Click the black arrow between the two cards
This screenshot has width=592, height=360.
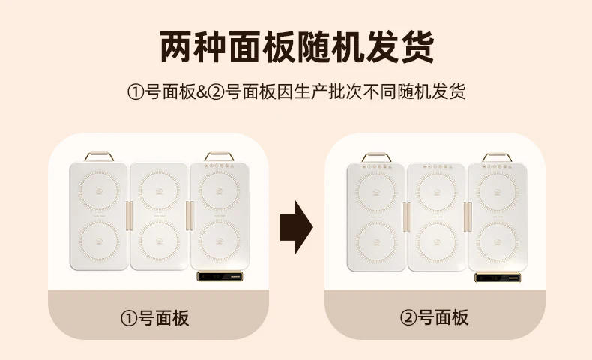pyautogui.click(x=295, y=227)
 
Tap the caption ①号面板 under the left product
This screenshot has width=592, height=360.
pyautogui.click(x=155, y=317)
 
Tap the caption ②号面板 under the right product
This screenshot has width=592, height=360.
pyautogui.click(x=434, y=317)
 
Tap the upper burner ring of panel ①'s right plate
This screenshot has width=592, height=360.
pyautogui.click(x=218, y=192)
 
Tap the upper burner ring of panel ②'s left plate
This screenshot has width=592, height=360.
pyautogui.click(x=375, y=192)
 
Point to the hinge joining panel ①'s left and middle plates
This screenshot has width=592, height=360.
pyautogui.click(x=128, y=216)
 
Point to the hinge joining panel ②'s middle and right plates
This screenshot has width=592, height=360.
pyautogui.click(x=467, y=216)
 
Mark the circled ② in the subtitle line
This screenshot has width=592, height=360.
pyautogui.click(x=217, y=92)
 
